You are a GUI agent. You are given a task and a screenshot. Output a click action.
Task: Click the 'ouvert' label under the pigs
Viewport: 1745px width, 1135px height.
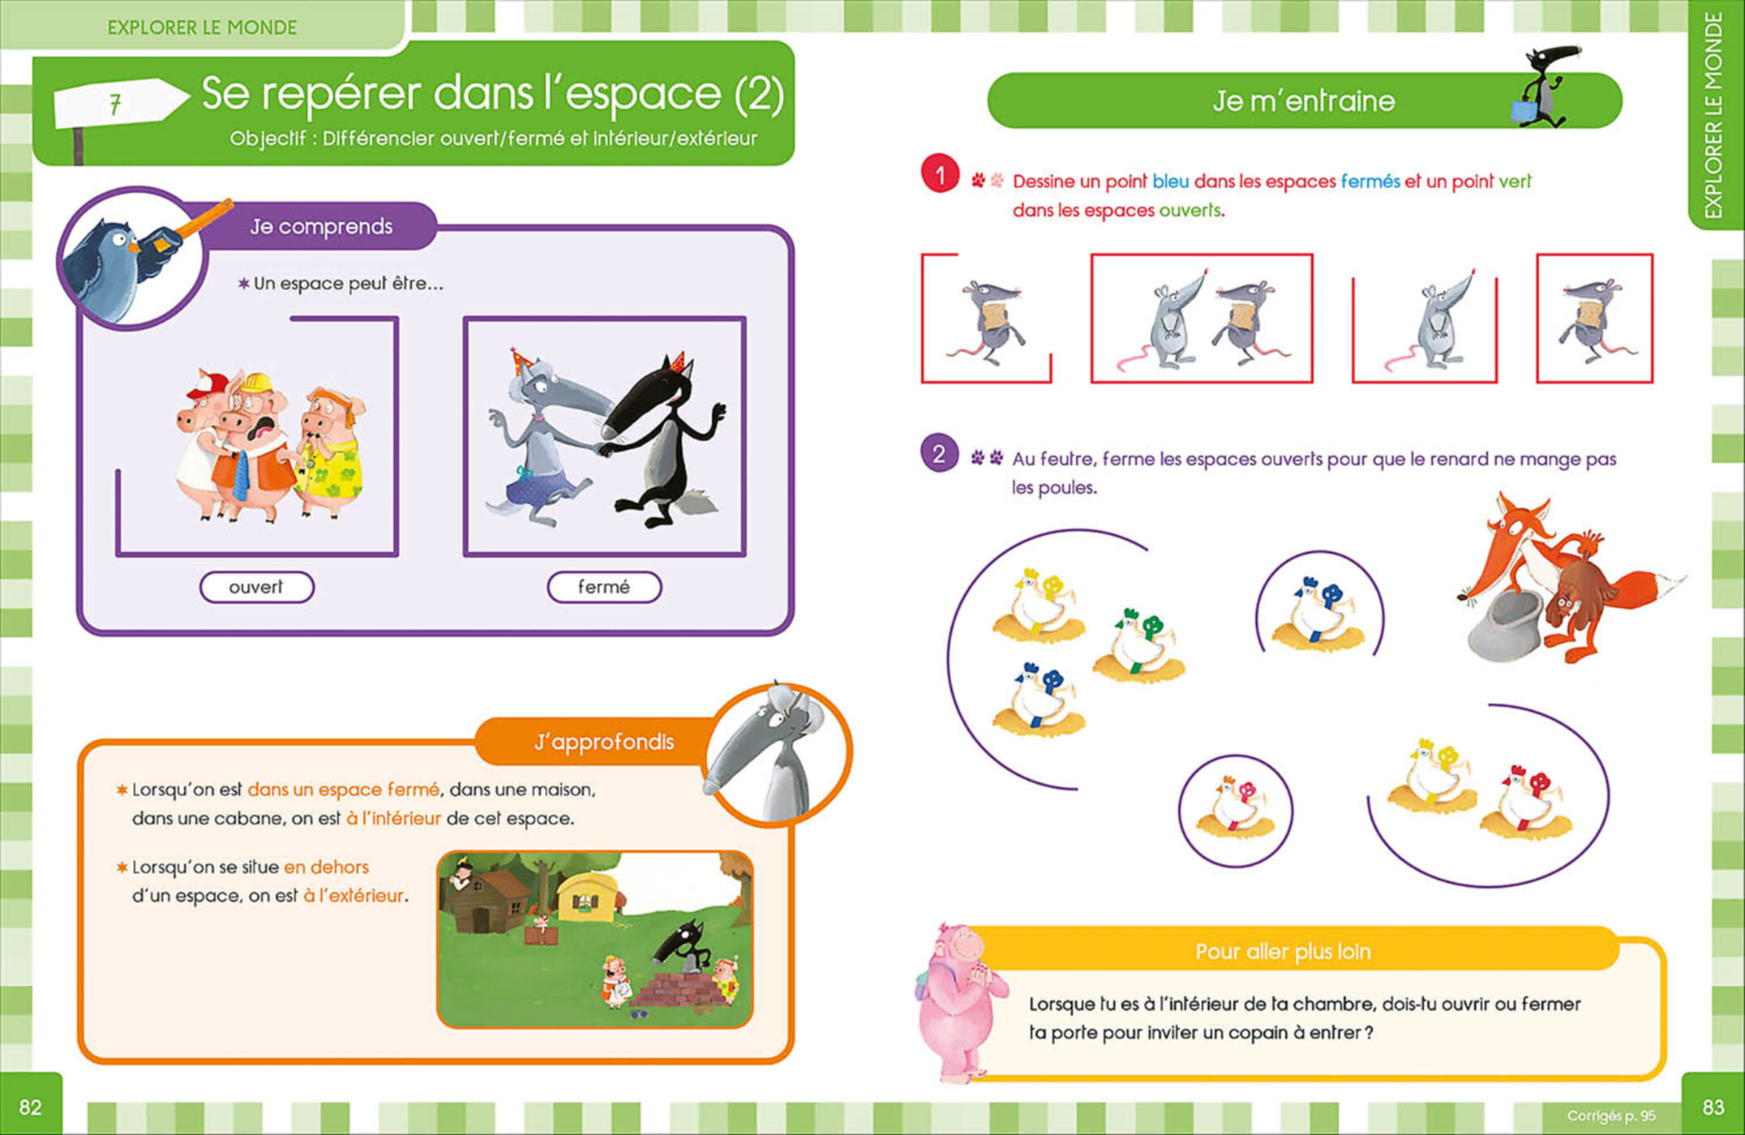[x=256, y=587]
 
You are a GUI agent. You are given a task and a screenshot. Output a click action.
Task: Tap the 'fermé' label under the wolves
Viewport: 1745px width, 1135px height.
[x=604, y=587]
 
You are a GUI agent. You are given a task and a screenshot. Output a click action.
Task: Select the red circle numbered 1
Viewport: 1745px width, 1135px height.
[x=940, y=174]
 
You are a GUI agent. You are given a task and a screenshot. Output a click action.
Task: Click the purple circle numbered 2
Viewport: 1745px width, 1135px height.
[x=940, y=454]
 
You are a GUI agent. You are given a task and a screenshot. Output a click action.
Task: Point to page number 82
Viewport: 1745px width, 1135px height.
[x=30, y=1107]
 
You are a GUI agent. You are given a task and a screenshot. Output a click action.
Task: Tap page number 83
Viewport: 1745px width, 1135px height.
[x=1713, y=1107]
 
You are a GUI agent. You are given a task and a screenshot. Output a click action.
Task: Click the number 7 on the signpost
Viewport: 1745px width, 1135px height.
[x=115, y=104]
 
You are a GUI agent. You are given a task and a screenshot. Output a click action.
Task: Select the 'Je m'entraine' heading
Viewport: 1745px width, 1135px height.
[x=1303, y=101]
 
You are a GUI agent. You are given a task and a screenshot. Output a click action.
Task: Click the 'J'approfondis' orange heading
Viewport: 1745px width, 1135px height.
[x=604, y=743]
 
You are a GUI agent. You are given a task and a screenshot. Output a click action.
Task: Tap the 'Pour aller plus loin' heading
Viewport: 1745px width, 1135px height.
[x=1283, y=952]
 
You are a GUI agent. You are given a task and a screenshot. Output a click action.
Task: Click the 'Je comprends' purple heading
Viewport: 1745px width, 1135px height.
[x=321, y=227]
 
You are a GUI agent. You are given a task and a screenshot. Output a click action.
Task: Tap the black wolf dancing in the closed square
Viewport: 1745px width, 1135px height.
[x=665, y=442]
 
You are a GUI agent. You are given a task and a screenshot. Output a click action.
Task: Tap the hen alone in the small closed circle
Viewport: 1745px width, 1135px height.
[x=1235, y=811]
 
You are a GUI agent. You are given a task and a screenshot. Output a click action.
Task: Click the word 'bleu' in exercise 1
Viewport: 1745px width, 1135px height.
[x=1170, y=182]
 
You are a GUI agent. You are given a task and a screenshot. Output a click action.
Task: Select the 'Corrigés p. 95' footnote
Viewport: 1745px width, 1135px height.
[x=1610, y=1116]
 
